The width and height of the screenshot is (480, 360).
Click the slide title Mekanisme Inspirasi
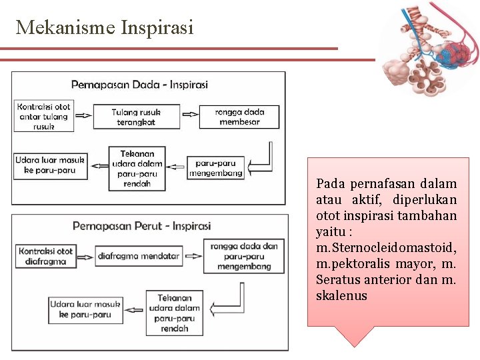click(105, 27)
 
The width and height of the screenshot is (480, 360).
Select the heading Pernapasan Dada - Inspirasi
click(139, 85)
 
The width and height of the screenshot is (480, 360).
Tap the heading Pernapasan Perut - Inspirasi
click(141, 226)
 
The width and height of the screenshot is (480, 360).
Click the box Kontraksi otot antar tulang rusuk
click(44, 116)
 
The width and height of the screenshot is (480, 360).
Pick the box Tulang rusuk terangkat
click(136, 117)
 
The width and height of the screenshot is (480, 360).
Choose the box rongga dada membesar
click(239, 117)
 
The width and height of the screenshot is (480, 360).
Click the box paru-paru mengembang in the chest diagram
click(215, 167)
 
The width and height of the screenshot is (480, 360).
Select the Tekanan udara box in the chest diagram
click(137, 169)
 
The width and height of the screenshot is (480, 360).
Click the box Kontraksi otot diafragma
click(46, 257)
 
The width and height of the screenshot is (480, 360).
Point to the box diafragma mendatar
click(139, 255)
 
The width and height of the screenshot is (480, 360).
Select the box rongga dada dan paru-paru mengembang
click(244, 256)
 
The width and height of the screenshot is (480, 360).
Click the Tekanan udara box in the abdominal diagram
click(175, 313)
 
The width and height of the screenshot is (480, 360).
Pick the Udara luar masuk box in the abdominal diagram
click(85, 310)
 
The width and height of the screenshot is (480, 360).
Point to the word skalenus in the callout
click(341, 295)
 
